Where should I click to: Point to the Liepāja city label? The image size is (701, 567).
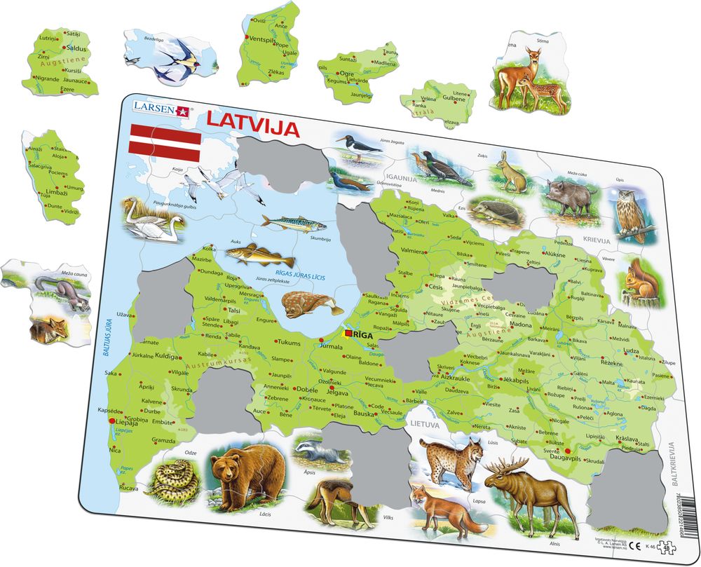(x=127, y=423)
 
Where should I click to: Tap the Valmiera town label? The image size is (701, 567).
(x=414, y=251)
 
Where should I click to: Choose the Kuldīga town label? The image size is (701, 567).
(x=169, y=357)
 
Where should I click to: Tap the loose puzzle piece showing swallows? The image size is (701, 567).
(x=169, y=56)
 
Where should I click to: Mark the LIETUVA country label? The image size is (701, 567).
(x=425, y=424)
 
